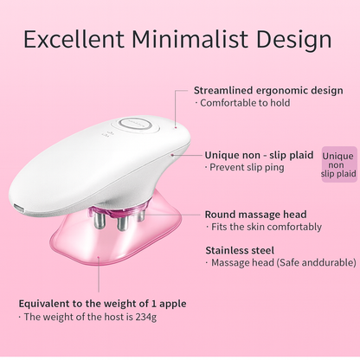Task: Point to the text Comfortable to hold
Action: click(x=244, y=103)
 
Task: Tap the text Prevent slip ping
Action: click(x=246, y=167)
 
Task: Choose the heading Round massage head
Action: click(x=255, y=214)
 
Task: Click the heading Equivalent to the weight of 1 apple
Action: click(x=102, y=303)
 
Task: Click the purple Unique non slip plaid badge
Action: click(x=338, y=164)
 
